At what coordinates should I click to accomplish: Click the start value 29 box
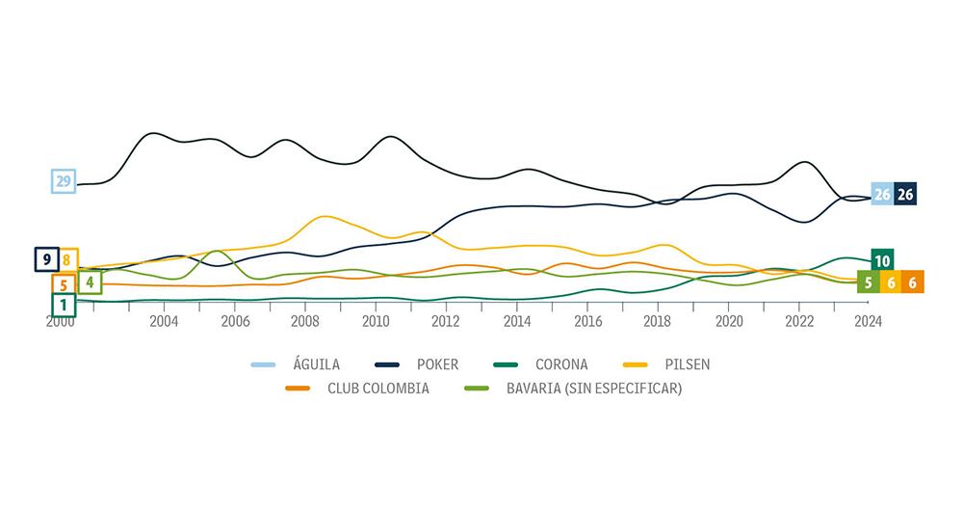pos(64,181)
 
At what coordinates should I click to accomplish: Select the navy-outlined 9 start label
pos(46,259)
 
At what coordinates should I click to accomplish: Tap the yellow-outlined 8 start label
pos(67,259)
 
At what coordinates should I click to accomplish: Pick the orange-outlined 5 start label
pos(64,284)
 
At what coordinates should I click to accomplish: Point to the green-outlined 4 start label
pos(90,282)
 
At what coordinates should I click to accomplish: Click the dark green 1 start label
pos(64,305)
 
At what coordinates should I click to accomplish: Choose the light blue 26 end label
pos(882,194)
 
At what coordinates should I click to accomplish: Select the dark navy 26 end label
pos(905,194)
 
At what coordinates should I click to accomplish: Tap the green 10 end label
pos(882,260)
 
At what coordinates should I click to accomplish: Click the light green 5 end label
pos(868,282)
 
